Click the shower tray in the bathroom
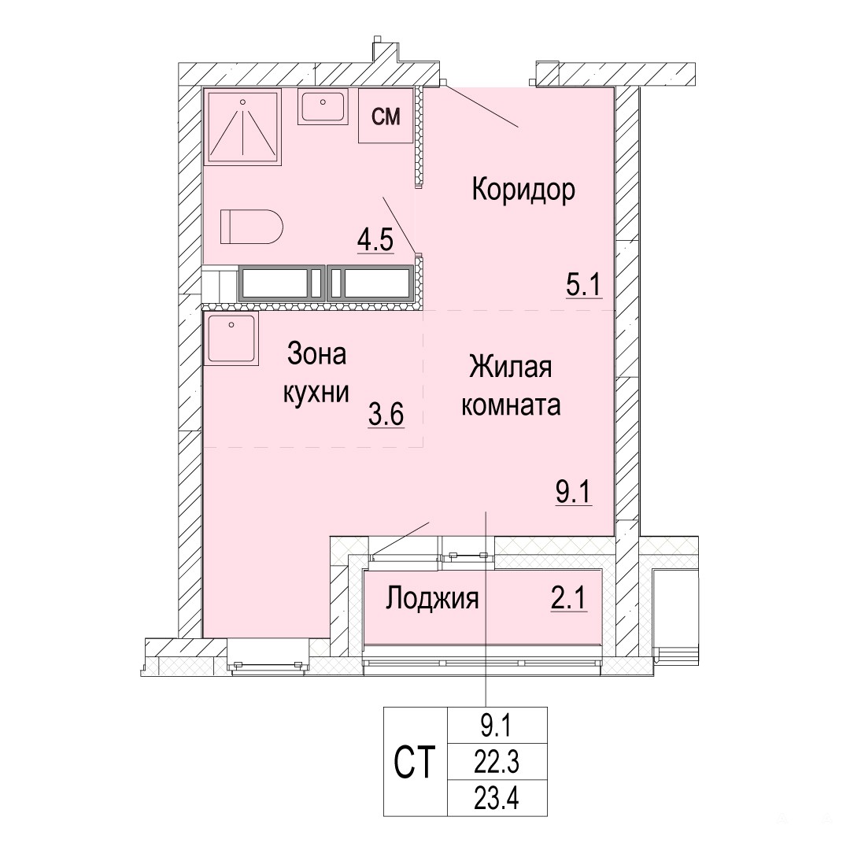click(242, 127)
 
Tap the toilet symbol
click(252, 227)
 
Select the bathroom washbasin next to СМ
click(323, 107)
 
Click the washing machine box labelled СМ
click(386, 116)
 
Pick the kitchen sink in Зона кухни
click(231, 338)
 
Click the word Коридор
click(523, 190)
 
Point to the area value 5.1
click(584, 285)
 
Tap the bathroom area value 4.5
click(375, 240)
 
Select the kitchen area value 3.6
click(386, 416)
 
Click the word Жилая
click(511, 367)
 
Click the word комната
click(511, 405)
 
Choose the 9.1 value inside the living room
click(574, 493)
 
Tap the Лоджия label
click(432, 599)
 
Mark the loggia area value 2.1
click(569, 599)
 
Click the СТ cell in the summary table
click(415, 761)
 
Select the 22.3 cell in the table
click(497, 762)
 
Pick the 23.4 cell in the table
click(497, 798)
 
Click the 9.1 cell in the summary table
click(497, 726)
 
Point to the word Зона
click(316, 354)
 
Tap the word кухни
click(316, 393)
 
